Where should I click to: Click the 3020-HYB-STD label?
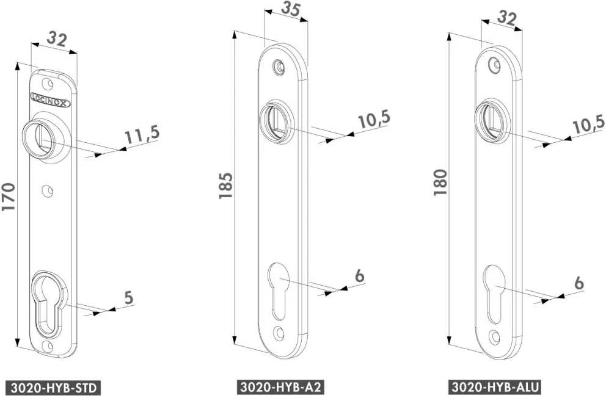[x=53, y=388]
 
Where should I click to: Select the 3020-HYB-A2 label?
[x=280, y=387]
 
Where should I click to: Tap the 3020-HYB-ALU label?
[x=495, y=387]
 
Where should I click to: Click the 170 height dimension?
[x=9, y=197]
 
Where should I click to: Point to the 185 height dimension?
[x=225, y=186]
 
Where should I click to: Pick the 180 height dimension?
[x=440, y=182]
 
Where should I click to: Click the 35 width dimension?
[x=291, y=9]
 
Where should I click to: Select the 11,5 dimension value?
[x=142, y=134]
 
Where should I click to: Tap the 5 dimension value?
[x=129, y=298]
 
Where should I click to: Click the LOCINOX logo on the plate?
[x=50, y=99]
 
